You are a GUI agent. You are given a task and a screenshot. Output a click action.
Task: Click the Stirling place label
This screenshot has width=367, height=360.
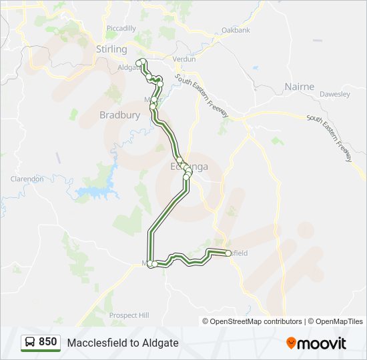pos(111,49)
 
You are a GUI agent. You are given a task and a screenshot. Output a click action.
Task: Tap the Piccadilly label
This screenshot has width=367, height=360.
pos(121,28)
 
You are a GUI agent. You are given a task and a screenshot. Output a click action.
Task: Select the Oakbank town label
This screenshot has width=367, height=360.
pos(236,30)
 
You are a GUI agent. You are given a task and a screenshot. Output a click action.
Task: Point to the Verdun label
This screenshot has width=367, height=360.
pos(184,59)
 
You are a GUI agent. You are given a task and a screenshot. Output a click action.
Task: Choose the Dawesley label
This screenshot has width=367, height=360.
pos(334,94)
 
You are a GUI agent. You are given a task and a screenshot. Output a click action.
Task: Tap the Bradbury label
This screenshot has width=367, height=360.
pos(119,115)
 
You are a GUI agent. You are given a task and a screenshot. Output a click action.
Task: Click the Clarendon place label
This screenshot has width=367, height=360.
pos(27,179)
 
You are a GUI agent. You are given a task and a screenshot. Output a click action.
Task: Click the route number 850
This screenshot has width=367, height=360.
pos(47,342)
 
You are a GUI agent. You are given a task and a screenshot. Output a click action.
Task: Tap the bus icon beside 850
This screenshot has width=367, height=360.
pos(30,343)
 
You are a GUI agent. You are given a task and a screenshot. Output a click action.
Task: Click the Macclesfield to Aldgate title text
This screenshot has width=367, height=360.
pos(123,343)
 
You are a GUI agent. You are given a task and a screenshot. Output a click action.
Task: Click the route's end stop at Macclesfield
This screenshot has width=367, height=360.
pos(228,253)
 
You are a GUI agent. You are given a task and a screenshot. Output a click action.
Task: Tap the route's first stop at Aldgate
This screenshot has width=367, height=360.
pos(140,63)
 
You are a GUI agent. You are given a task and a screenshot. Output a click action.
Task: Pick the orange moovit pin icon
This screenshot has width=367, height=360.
pos(291,343)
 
